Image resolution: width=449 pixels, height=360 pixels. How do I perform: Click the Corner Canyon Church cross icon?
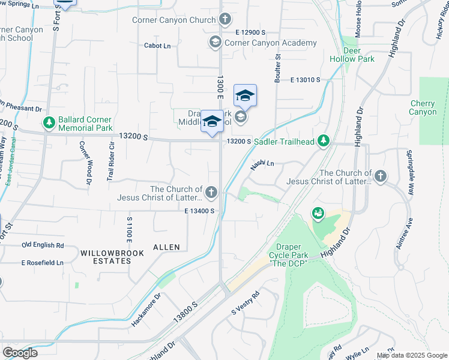click(x=225, y=20)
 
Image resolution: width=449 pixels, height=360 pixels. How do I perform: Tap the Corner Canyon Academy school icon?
click(x=215, y=43)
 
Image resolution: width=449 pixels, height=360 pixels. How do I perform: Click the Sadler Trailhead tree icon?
click(x=324, y=141)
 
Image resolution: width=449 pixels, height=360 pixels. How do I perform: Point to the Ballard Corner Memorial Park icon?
click(x=49, y=123)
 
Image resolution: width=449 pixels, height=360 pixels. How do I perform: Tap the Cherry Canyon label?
click(x=423, y=108)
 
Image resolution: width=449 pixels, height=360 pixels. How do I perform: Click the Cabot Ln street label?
click(x=157, y=46)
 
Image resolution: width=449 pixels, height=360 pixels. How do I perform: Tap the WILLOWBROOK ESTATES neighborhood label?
click(x=113, y=258)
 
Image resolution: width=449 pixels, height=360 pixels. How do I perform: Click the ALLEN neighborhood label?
click(x=166, y=247)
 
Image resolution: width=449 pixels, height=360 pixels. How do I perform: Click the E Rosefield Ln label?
click(x=43, y=263)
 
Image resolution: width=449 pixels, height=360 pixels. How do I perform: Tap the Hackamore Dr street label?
click(x=146, y=309)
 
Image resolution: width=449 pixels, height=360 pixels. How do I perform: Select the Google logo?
click(x=20, y=353)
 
